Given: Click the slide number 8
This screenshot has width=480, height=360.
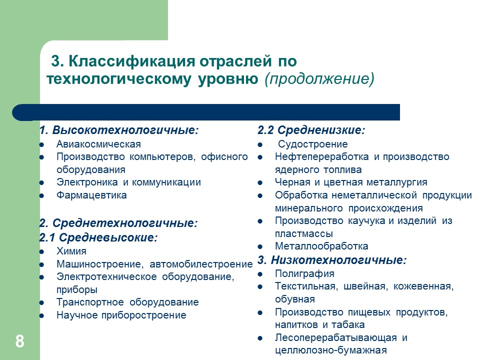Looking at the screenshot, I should click(x=19, y=342).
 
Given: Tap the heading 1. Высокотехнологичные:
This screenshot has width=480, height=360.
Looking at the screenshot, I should click(x=119, y=130).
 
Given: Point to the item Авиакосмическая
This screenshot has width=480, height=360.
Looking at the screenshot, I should click(x=98, y=144).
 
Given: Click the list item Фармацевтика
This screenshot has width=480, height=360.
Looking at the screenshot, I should click(x=91, y=195).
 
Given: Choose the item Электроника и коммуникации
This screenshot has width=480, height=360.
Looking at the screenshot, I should click(x=128, y=182).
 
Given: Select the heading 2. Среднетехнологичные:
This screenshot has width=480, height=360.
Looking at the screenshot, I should click(x=118, y=223).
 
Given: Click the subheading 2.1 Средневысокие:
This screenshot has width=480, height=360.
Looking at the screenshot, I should click(x=98, y=237).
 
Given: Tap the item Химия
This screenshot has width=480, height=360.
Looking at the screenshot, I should click(x=71, y=251).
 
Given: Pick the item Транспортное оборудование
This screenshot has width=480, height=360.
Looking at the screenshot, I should click(x=127, y=302).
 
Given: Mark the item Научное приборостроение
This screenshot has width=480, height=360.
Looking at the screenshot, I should click(x=121, y=315).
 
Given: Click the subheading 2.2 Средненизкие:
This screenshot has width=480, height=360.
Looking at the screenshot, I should click(x=311, y=130).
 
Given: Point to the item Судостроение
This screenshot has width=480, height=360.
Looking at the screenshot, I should click(x=312, y=144).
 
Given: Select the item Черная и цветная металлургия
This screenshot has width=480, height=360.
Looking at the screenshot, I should click(x=351, y=182).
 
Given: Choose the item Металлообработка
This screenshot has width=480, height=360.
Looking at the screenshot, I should click(x=321, y=246).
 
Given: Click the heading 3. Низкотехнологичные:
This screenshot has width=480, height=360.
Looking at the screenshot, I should click(x=332, y=260).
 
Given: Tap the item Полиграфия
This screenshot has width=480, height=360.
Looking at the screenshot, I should click(x=304, y=274).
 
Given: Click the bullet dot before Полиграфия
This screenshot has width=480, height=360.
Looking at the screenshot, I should click(x=261, y=274).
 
